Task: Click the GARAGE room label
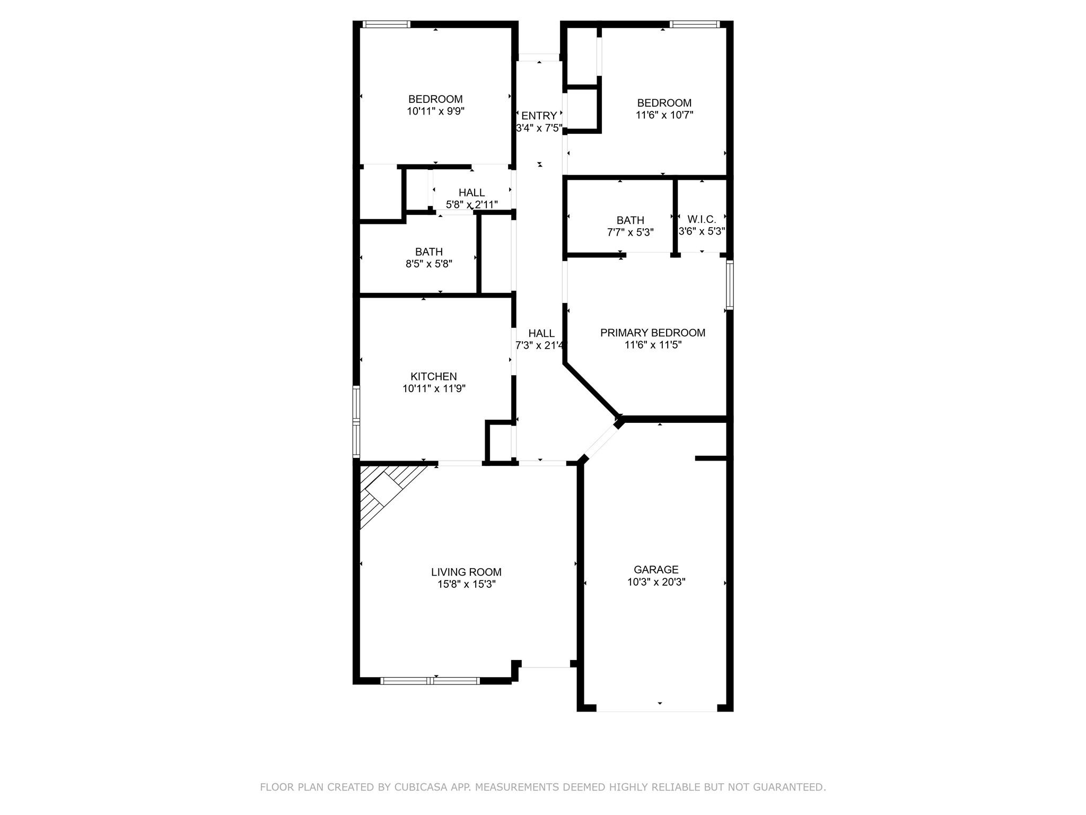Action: [x=656, y=569]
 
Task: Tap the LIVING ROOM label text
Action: [x=466, y=572]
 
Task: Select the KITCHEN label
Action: [x=434, y=376]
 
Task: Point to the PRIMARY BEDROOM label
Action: [x=653, y=333]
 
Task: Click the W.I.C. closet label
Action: [x=702, y=219]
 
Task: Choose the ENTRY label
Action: [x=539, y=116]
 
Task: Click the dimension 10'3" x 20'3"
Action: [x=656, y=582]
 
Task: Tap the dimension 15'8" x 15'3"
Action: [x=467, y=584]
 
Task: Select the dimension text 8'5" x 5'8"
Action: [x=429, y=264]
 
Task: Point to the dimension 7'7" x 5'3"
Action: [x=630, y=232]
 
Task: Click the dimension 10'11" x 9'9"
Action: [x=436, y=111]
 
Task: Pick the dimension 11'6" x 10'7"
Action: [x=664, y=115]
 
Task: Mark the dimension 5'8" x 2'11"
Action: [x=472, y=204]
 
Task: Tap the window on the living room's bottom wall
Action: [x=431, y=681]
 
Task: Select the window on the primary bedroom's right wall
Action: [x=730, y=284]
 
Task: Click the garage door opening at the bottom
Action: [x=656, y=708]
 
